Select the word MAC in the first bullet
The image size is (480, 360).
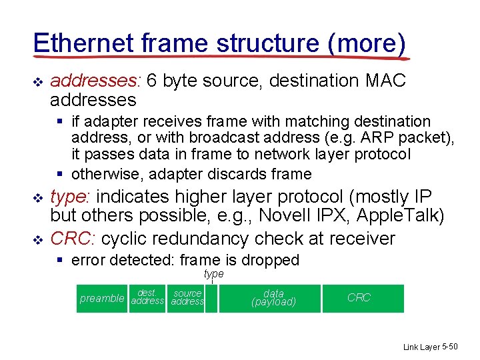pyautogui.click(x=386, y=81)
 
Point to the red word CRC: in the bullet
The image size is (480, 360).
pyautogui.click(x=73, y=239)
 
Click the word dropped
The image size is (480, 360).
pyautogui.click(x=269, y=260)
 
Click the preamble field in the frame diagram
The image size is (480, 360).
pyautogui.click(x=102, y=299)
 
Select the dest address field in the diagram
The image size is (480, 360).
pyautogui.click(x=147, y=297)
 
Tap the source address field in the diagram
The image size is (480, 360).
pyautogui.click(x=187, y=297)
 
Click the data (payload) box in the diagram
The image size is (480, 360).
pyautogui.click(x=273, y=298)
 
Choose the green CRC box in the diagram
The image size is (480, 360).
pyautogui.click(x=359, y=298)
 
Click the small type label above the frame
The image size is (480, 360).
pyautogui.click(x=213, y=274)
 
